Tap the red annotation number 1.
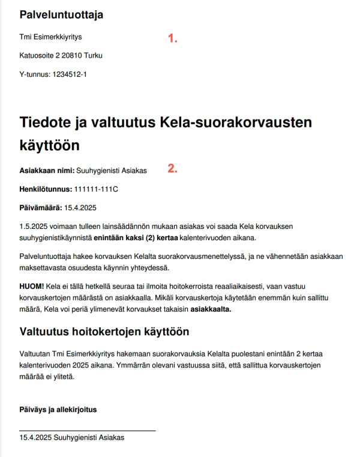pos(173,38)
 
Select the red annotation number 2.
pos(173,169)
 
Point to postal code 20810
pos(75,56)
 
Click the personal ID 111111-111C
pos(97,189)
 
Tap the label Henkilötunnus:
pos(46,189)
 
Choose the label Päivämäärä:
pos(40,208)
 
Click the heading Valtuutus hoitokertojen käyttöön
pos(104,331)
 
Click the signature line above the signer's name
pos(88,431)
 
